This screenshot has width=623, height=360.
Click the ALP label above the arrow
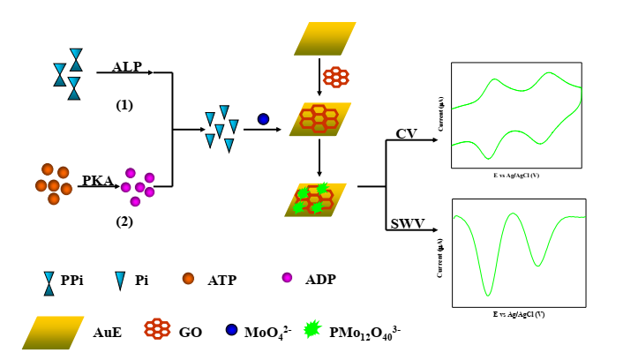click(126, 67)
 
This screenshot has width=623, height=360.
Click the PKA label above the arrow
click(98, 181)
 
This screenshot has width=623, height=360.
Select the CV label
click(406, 134)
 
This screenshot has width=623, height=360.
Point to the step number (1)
click(124, 105)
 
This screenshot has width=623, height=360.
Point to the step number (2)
click(124, 221)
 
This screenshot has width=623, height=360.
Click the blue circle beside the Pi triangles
click(263, 119)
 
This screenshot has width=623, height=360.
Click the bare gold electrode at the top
click(325, 39)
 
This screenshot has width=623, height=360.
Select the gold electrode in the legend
click(53, 332)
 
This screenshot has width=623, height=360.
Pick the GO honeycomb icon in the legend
click(157, 329)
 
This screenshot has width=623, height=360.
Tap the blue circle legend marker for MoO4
click(231, 330)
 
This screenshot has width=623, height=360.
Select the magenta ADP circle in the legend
click(287, 279)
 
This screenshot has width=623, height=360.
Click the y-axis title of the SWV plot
click(439, 257)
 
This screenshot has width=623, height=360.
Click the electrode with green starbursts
click(315, 200)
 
